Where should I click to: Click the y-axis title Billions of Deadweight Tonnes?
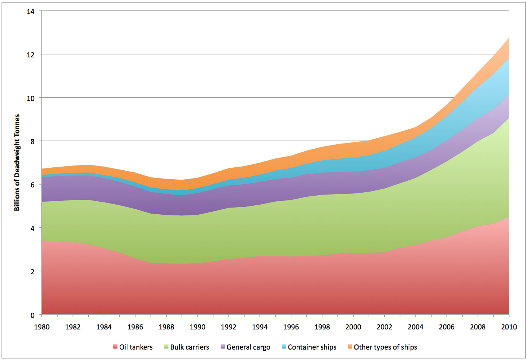click(17, 162)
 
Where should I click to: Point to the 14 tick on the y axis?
click(31, 12)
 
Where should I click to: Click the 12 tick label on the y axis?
click(31, 55)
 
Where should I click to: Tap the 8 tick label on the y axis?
click(32, 142)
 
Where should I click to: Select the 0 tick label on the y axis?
click(32, 315)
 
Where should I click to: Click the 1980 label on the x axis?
click(42, 327)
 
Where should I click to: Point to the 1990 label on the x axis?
click(198, 327)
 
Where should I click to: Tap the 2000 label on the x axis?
click(353, 327)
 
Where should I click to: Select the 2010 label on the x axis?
click(509, 327)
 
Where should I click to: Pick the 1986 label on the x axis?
click(135, 327)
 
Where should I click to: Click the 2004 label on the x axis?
click(416, 327)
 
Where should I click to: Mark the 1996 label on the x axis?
click(291, 327)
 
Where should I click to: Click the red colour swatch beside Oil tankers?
click(116, 347)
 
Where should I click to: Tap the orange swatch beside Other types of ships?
click(350, 347)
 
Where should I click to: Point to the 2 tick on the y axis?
click(32, 272)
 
